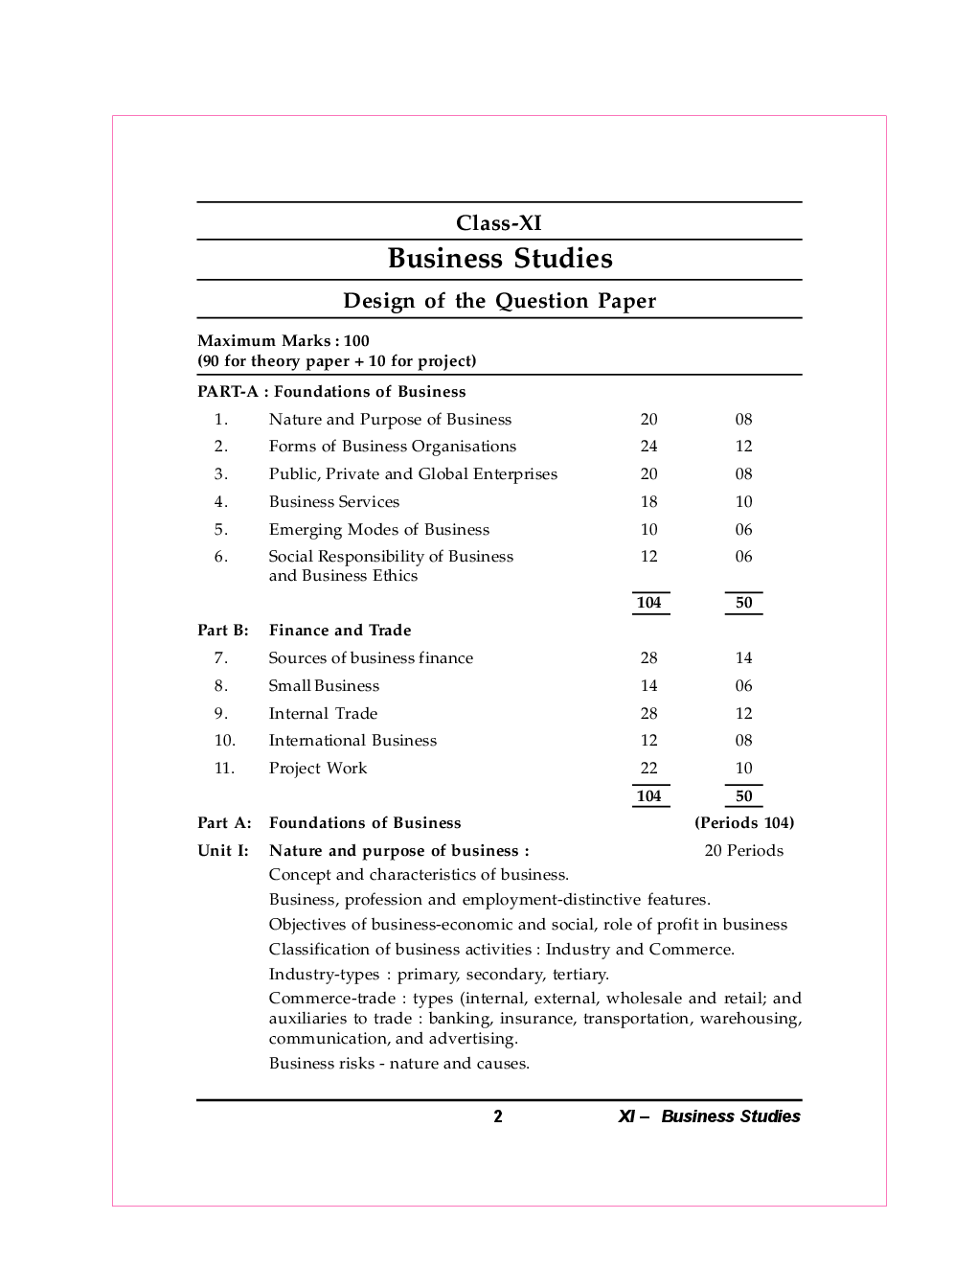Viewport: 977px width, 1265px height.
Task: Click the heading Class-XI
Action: click(498, 223)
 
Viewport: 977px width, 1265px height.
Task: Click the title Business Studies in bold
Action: click(499, 259)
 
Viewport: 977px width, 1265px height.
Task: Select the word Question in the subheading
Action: click(541, 301)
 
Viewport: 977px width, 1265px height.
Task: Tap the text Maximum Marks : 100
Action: click(283, 341)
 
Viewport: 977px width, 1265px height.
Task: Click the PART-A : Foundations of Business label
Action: click(331, 392)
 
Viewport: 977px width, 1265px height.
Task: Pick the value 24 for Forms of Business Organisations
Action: click(648, 447)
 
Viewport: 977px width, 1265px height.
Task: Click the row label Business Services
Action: click(333, 502)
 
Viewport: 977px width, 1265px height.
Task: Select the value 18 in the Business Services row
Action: click(648, 502)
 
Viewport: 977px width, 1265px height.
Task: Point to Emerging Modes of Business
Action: click(378, 530)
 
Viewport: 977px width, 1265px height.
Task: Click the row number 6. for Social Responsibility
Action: click(220, 557)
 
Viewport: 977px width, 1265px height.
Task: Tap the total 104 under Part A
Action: click(648, 603)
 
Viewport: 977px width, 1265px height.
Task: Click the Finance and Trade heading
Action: click(340, 631)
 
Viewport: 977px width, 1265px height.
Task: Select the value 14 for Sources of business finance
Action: click(743, 658)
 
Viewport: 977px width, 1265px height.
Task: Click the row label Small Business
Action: click(324, 686)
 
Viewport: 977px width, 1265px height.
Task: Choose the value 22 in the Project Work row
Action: click(648, 769)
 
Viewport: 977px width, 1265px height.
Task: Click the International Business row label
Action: click(352, 741)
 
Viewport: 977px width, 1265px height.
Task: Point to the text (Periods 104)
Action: click(743, 823)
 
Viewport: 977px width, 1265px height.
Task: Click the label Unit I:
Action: click(222, 851)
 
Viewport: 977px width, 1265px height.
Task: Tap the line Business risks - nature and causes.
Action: click(398, 1064)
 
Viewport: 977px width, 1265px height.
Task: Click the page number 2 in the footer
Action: click(497, 1116)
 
